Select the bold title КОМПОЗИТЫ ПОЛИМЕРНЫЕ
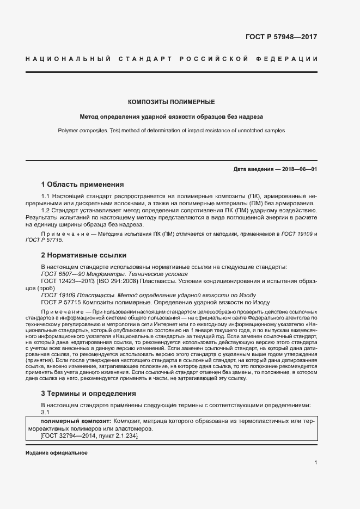(x=171, y=102)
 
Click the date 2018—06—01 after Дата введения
(x=300, y=169)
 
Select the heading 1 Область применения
(x=83, y=185)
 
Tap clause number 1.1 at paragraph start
(x=46, y=195)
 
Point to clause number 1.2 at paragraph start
(x=46, y=210)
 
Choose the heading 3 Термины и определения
(x=89, y=393)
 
